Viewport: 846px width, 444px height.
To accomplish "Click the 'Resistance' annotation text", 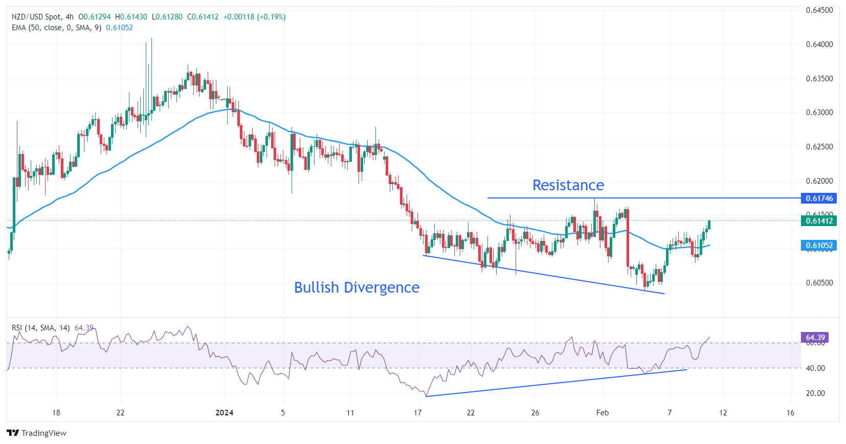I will [x=568, y=185].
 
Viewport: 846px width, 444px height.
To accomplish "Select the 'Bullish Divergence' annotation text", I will [x=357, y=287].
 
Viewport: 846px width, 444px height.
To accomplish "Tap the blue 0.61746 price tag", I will [x=819, y=198].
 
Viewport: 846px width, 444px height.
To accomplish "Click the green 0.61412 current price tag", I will [x=819, y=221].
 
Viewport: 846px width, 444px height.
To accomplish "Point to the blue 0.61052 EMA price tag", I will [x=819, y=246].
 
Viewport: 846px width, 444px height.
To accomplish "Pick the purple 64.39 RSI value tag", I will [x=815, y=338].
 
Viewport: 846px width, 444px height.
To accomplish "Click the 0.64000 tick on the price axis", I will [x=819, y=45].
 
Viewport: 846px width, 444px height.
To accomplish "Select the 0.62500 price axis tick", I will [x=819, y=147].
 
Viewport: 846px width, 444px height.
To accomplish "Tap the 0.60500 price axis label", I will [x=819, y=283].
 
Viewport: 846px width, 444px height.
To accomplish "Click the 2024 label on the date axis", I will [x=224, y=413].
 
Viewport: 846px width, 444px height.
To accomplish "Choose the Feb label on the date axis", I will [x=602, y=413].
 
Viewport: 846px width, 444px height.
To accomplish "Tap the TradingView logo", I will [x=36, y=433].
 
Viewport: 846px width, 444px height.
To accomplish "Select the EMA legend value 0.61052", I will [x=119, y=28].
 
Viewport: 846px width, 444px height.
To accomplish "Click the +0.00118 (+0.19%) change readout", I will [x=254, y=17].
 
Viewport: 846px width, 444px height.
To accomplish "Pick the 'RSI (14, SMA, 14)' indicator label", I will [x=41, y=328].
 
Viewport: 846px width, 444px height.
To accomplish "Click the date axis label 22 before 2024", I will [x=120, y=413].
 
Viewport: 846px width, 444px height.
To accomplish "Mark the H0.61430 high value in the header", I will [x=131, y=17].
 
